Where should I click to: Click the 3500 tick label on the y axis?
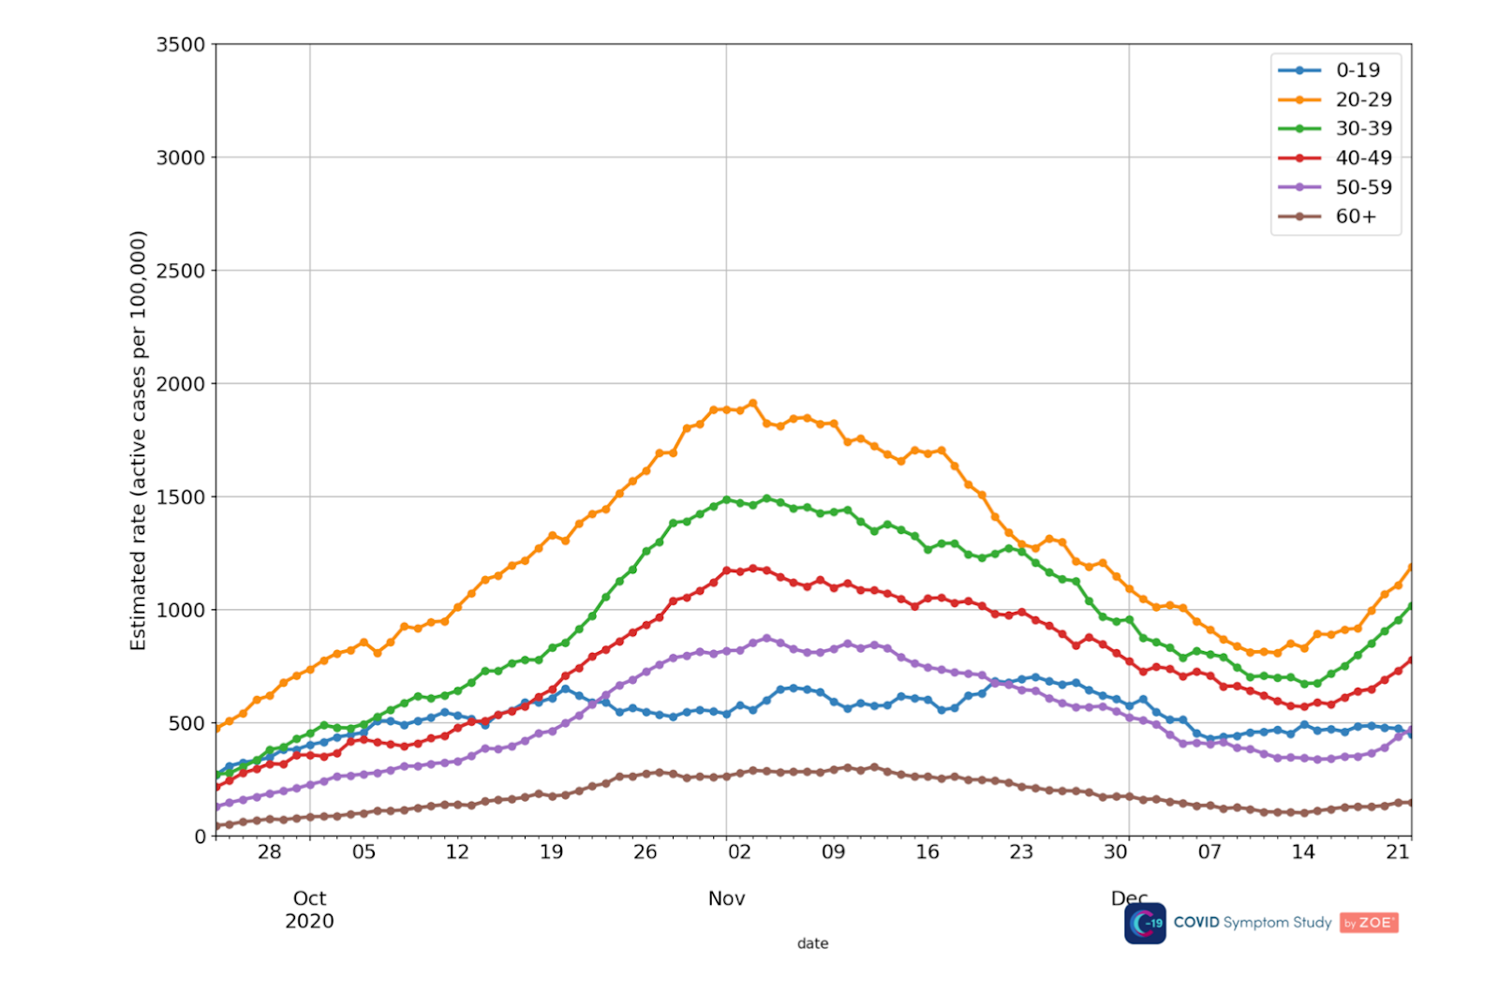point(180,45)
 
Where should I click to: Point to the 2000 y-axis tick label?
point(180,384)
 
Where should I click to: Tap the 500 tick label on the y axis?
point(186,723)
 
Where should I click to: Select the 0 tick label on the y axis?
point(200,837)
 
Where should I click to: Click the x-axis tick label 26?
point(645,852)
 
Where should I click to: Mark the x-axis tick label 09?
point(833,852)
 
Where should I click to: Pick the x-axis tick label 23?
point(1021,852)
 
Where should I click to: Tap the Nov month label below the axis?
point(726,898)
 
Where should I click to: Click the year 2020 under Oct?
point(309,921)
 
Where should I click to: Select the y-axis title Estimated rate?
point(139,440)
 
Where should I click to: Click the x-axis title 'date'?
point(812,943)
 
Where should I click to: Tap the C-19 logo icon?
point(1145,923)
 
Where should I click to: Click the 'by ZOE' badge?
point(1369,923)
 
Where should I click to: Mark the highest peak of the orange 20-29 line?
point(752,404)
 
